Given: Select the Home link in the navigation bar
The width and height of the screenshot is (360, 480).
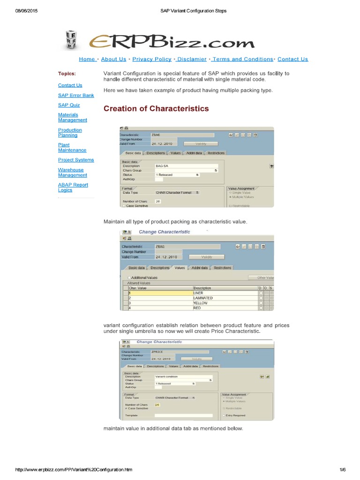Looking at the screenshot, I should [87, 59].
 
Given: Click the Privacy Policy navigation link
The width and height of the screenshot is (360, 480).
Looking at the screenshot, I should [152, 59].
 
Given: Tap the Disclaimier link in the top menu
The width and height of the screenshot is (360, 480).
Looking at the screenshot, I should [192, 59].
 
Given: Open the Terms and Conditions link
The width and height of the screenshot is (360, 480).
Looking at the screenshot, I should [243, 59].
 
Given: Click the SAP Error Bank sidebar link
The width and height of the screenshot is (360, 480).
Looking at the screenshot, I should [76, 95].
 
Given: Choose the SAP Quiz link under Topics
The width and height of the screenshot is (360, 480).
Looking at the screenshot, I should [69, 105].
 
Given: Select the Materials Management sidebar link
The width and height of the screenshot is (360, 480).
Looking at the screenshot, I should [72, 117].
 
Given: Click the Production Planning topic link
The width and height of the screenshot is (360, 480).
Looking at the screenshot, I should [70, 133].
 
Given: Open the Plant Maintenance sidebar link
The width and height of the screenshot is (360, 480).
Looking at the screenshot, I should [72, 148].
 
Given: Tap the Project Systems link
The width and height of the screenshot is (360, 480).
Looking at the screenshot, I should [76, 160].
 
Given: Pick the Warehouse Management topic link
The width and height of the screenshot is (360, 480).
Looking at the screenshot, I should [72, 172].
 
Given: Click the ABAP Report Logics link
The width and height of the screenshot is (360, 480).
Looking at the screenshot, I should [73, 187].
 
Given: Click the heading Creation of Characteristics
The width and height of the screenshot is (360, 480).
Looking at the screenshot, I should [156, 109].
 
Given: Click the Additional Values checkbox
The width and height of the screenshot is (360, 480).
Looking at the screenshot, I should [129, 277].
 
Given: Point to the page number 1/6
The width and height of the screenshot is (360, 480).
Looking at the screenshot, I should [342, 469].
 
